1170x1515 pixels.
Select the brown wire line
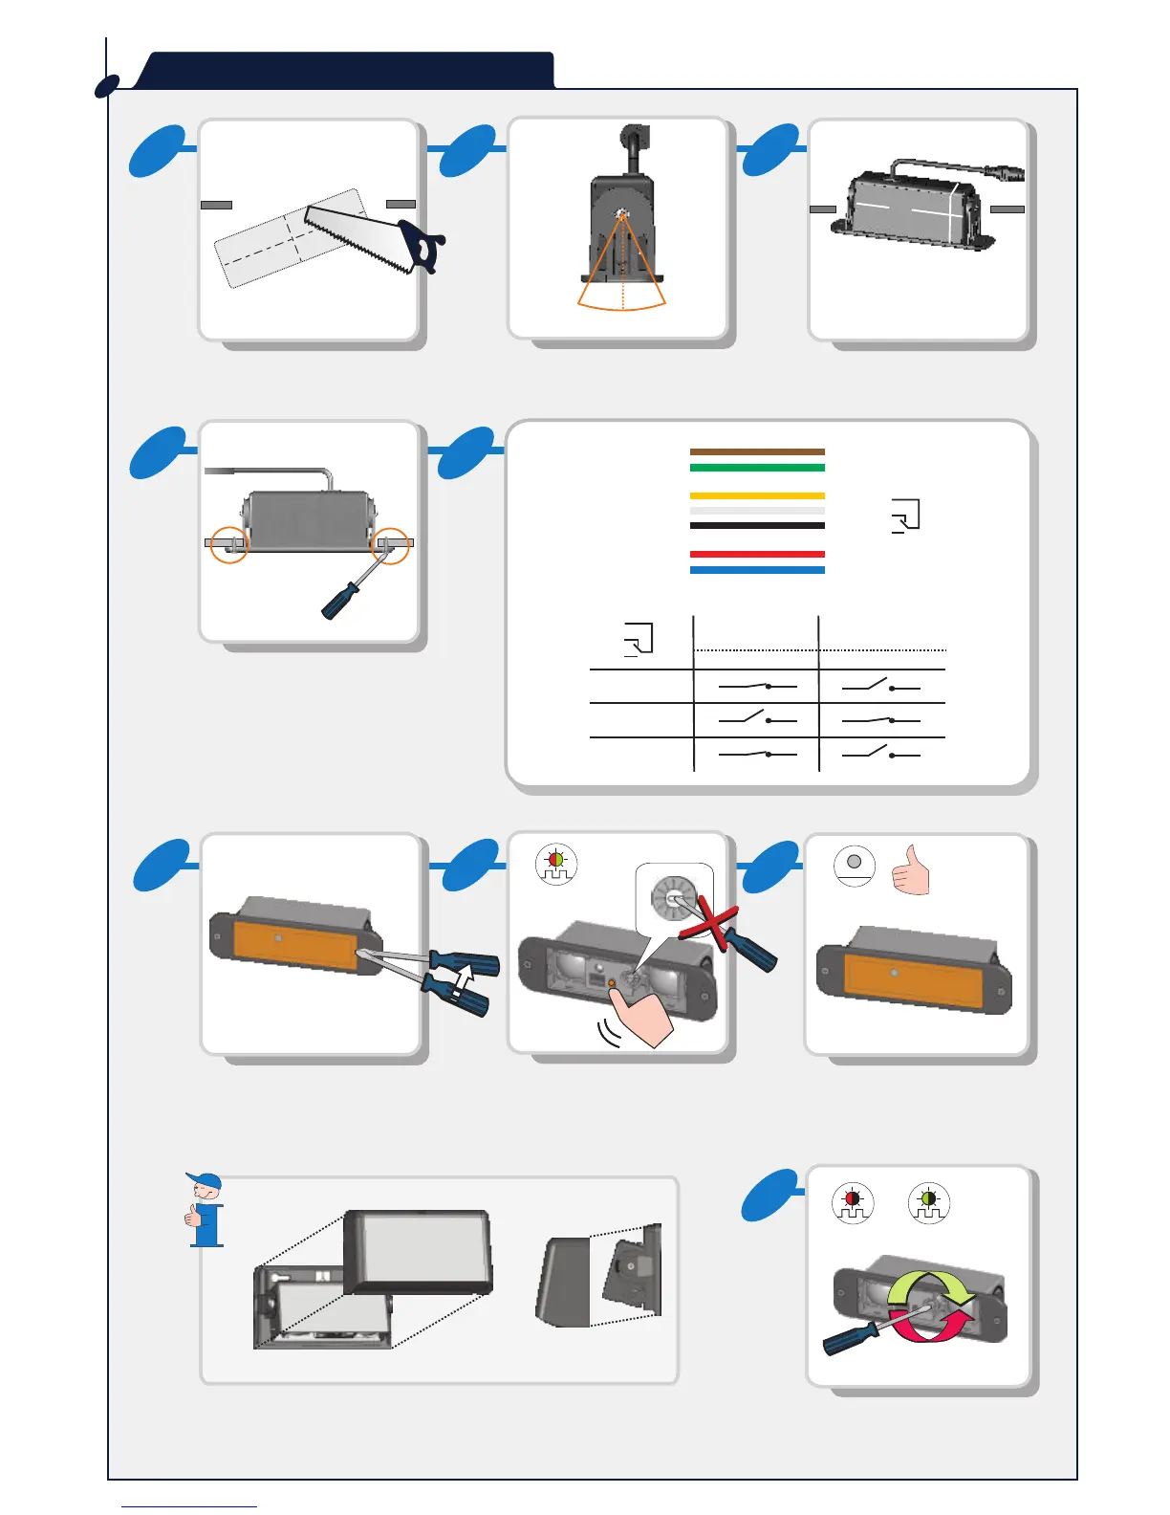tap(757, 451)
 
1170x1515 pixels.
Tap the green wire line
tap(757, 468)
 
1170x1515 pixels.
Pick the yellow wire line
tap(757, 495)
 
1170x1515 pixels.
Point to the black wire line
tap(757, 525)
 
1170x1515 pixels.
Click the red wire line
tap(757, 554)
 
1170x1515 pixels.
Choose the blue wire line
tap(757, 570)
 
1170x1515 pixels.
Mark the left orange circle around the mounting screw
tap(229, 544)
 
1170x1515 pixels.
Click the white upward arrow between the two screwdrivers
tap(464, 981)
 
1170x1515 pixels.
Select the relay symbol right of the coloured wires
tap(905, 515)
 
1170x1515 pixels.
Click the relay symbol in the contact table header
tap(639, 639)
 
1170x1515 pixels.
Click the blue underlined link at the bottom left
tap(189, 1505)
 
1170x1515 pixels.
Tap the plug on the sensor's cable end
tap(1009, 175)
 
